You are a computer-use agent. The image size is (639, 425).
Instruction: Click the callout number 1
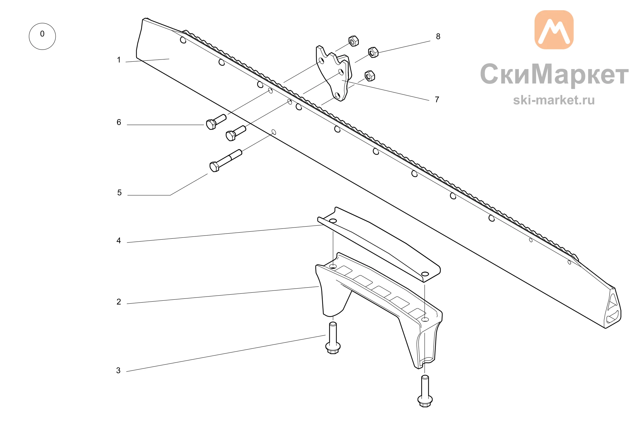[x=119, y=60]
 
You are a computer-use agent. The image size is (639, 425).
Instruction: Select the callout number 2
[x=119, y=302]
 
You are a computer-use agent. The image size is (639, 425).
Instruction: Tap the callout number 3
[x=119, y=371]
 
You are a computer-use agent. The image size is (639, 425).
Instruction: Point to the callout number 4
[x=119, y=241]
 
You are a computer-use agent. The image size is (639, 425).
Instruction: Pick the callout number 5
[x=119, y=193]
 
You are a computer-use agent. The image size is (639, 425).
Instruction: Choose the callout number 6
[x=119, y=122]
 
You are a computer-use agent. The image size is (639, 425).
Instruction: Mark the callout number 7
[x=437, y=100]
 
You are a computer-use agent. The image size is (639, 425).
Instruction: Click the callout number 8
[x=438, y=37]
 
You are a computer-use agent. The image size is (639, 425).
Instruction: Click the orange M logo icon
[x=554, y=30]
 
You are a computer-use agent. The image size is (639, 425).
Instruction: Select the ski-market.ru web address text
[x=554, y=100]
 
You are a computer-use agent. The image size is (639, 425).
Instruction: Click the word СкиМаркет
[x=554, y=74]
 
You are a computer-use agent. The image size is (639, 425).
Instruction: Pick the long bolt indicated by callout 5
[x=226, y=160]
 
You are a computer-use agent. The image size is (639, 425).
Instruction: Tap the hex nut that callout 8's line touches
[x=373, y=52]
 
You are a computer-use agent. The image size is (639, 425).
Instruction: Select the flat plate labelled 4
[x=379, y=244]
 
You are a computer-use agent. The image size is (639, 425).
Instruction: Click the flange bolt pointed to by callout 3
[x=333, y=338]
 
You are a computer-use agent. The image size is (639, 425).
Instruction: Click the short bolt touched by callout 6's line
[x=216, y=122]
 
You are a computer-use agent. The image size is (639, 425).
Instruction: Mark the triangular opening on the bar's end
[x=612, y=302]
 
